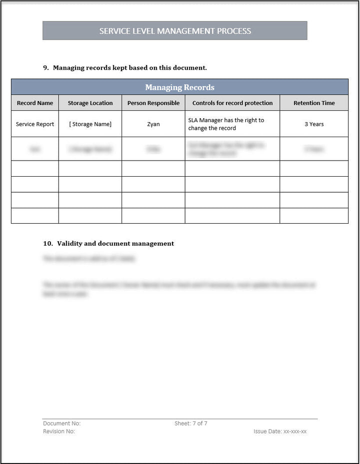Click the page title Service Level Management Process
click(x=175, y=31)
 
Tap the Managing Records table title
click(x=179, y=88)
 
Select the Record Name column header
click(x=35, y=103)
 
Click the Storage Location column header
click(x=90, y=103)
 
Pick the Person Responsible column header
click(x=153, y=103)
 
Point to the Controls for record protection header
click(x=232, y=103)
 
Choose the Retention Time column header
click(x=314, y=103)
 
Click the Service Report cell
click(x=35, y=124)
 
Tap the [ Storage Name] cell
click(x=90, y=124)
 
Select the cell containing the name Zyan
click(x=153, y=124)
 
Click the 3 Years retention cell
click(x=314, y=124)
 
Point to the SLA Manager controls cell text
click(x=226, y=124)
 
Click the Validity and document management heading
click(x=115, y=244)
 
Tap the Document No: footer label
click(x=61, y=423)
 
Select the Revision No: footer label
click(x=59, y=431)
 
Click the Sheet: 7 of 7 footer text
click(x=191, y=423)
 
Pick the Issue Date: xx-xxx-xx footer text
click(x=280, y=431)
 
